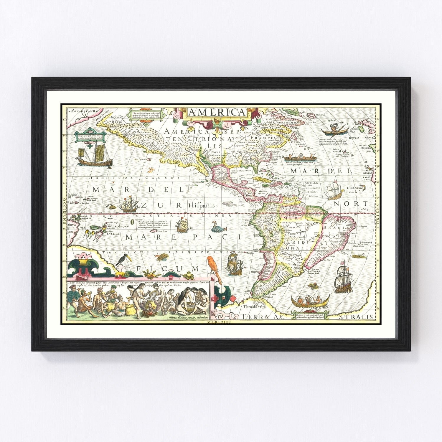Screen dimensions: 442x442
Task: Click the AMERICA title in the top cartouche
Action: (217, 113)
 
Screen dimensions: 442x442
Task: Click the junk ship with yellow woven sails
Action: (95, 154)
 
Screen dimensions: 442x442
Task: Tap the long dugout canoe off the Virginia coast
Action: (299, 158)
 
